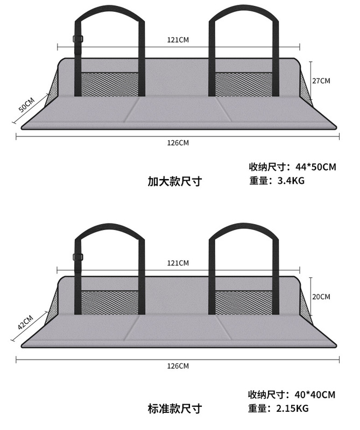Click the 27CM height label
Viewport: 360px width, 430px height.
tap(321, 81)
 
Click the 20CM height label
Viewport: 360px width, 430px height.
tap(321, 296)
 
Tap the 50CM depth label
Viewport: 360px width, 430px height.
tap(26, 104)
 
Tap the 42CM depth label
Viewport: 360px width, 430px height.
tap(25, 322)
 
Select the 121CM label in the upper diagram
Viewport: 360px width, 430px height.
tap(178, 40)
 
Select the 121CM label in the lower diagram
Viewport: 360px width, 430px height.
tap(178, 263)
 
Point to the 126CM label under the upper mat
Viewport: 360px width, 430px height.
tap(178, 142)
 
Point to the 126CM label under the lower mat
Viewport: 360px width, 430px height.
tap(178, 366)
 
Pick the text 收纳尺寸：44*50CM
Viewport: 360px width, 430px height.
tap(292, 167)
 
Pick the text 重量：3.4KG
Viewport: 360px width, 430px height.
tap(277, 181)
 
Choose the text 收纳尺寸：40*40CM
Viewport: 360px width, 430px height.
tap(292, 395)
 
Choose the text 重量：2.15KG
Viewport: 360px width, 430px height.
tap(279, 408)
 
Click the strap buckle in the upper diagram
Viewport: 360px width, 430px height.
tap(78, 39)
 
